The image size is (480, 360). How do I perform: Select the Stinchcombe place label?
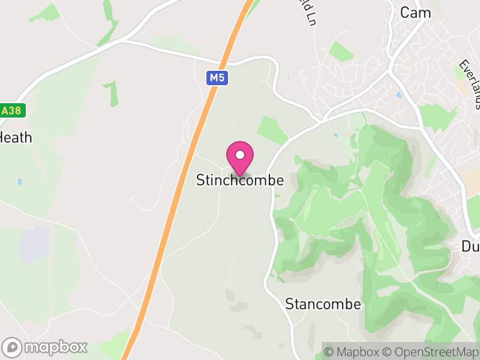(240, 180)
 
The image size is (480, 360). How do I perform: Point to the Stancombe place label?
(323, 304)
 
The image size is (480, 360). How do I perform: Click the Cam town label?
(415, 12)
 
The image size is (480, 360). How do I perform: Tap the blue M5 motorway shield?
(218, 77)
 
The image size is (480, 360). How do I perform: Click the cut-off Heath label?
(16, 137)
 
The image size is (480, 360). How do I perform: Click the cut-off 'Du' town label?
(471, 247)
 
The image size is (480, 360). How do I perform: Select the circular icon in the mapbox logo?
(12, 347)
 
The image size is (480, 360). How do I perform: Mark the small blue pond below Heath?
(20, 182)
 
